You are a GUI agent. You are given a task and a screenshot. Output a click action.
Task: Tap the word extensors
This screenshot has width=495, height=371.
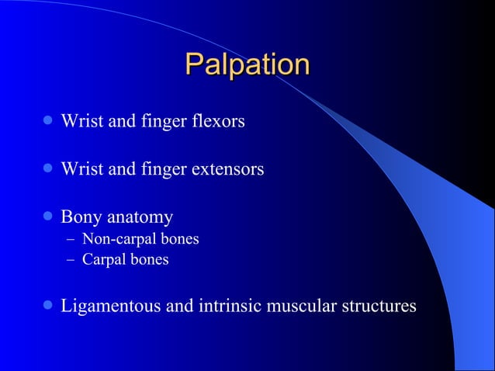tap(227, 168)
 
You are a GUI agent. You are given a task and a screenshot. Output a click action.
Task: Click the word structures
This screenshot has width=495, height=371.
tap(378, 307)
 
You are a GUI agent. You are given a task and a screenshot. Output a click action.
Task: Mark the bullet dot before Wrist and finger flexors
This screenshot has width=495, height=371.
tap(48, 122)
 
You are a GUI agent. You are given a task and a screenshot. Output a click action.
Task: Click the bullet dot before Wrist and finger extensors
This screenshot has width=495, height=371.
tap(48, 168)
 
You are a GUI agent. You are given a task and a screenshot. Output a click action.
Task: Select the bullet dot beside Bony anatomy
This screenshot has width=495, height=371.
tap(48, 216)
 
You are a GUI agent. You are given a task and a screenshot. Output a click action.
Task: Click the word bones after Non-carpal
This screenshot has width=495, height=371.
tap(179, 239)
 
